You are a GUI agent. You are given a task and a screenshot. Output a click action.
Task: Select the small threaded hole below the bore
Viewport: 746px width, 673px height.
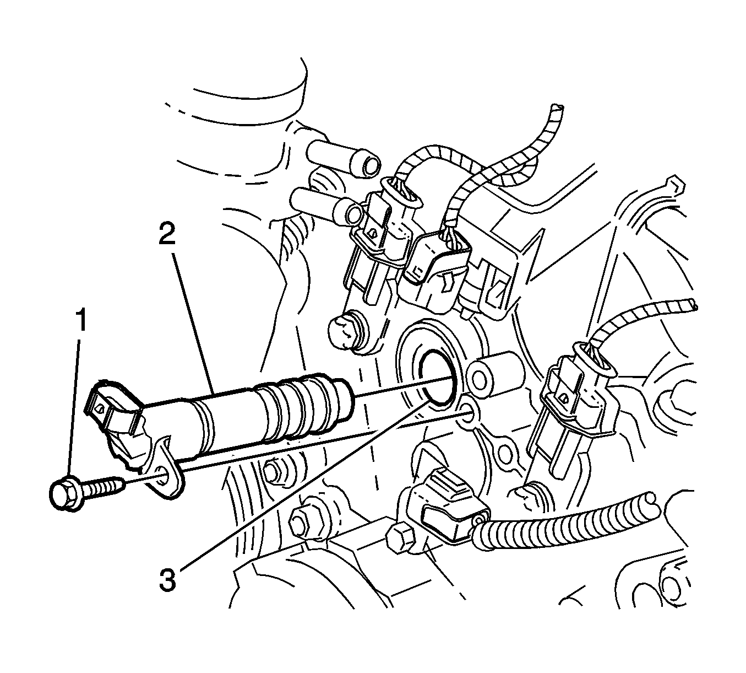tap(468, 410)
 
